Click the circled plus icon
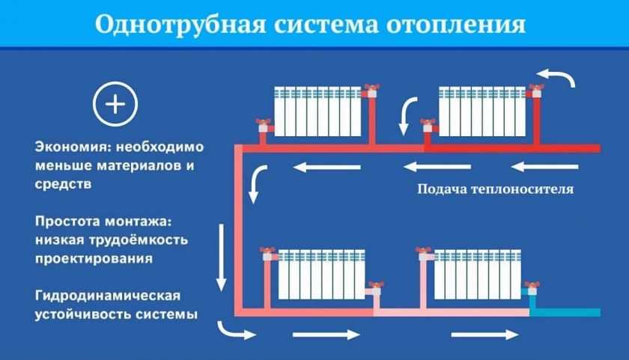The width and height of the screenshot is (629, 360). pyautogui.click(x=115, y=104)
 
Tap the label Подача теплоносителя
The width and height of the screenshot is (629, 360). pyautogui.click(x=495, y=189)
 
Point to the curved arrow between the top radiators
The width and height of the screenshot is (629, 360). pyautogui.click(x=408, y=115)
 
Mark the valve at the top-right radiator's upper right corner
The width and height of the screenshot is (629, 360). pyautogui.click(x=535, y=92)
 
